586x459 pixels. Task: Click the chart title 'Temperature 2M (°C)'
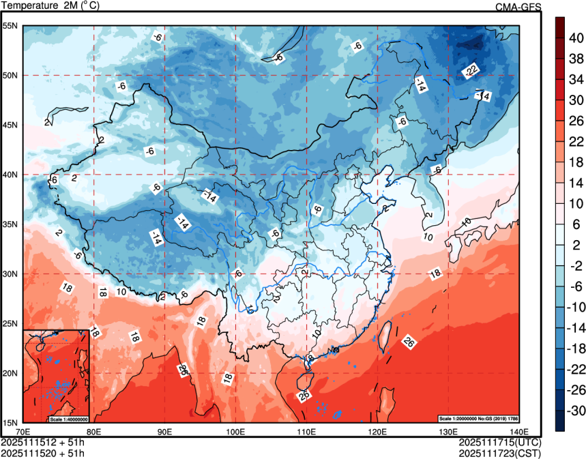tap(49, 7)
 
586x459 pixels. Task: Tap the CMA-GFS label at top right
tap(518, 8)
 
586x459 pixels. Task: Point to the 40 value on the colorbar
tap(576, 38)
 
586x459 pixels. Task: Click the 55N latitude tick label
tap(11, 26)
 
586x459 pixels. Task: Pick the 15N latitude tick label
tap(11, 422)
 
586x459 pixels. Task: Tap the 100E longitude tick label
tap(235, 432)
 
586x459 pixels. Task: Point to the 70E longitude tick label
tap(23, 432)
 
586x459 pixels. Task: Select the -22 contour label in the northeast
tap(470, 70)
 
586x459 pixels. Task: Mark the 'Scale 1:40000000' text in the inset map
tap(70, 417)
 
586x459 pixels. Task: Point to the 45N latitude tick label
tap(11, 125)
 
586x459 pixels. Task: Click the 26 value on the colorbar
tap(576, 121)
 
